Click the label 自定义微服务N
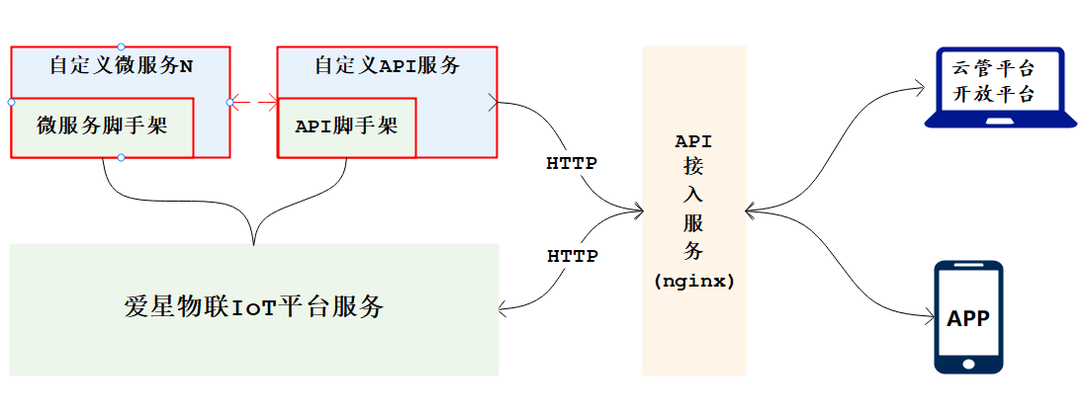coord(121,66)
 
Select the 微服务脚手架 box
coord(102,126)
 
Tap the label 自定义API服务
coord(387,66)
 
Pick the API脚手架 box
coord(346,126)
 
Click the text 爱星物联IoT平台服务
coord(253,306)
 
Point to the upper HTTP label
coord(572,163)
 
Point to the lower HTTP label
coord(573,256)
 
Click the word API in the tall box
coord(693,141)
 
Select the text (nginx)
coord(693,281)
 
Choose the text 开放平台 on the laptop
coord(993,95)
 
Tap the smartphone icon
coord(968,317)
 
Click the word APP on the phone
coord(968,319)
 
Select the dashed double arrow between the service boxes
coord(254,101)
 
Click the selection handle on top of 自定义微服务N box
coord(121,46)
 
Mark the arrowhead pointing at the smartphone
coord(929,317)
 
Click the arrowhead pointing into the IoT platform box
coord(504,309)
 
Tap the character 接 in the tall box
coord(693,168)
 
